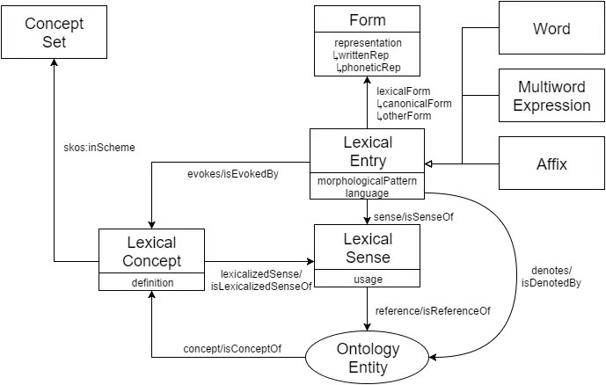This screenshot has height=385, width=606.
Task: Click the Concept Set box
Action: (x=54, y=33)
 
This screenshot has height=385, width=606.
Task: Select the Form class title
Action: (x=368, y=20)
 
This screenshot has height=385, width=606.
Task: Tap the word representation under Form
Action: (x=368, y=43)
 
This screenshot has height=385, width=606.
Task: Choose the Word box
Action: (x=551, y=29)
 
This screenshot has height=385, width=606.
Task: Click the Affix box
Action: (x=551, y=163)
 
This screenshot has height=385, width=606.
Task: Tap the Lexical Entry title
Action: (x=368, y=151)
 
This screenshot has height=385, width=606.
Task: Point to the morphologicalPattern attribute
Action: (x=368, y=180)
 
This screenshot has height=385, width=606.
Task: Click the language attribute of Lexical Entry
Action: (x=368, y=192)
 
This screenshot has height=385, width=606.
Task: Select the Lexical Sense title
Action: (x=368, y=248)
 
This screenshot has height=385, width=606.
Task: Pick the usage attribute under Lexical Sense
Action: (x=368, y=280)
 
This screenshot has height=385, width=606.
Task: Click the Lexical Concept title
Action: (x=151, y=251)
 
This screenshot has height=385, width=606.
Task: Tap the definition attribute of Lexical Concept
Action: (x=152, y=283)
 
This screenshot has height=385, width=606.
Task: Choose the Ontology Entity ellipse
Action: (x=368, y=358)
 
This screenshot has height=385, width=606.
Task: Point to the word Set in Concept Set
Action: (x=54, y=42)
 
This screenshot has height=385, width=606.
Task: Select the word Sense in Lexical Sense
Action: (x=368, y=258)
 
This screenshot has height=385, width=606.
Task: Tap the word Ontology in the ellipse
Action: (x=368, y=349)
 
